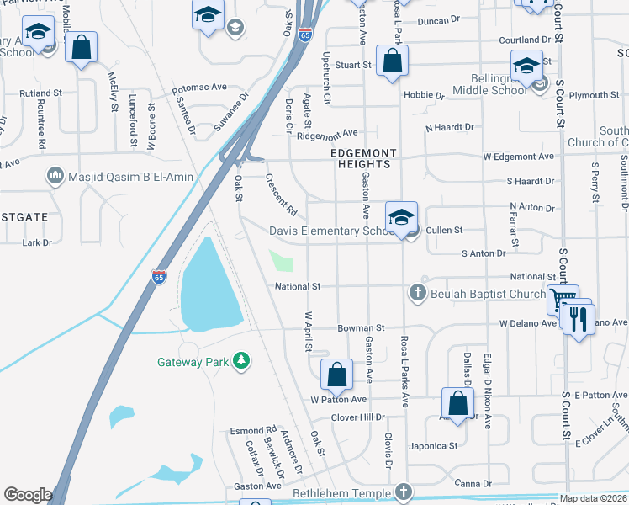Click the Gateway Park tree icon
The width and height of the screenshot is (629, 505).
click(x=242, y=361)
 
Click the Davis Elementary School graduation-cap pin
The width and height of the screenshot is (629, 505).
click(x=402, y=216)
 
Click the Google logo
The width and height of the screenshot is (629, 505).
click(x=28, y=495)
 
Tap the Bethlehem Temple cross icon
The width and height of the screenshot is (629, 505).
click(x=404, y=492)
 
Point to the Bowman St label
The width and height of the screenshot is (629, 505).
click(x=361, y=327)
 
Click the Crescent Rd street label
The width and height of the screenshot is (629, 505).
click(x=282, y=194)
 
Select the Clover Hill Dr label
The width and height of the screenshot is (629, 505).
click(x=357, y=417)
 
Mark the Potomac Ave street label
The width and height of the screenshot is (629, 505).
click(x=199, y=87)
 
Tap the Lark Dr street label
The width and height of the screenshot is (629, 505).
click(x=37, y=242)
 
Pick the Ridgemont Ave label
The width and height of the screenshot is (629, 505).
click(x=327, y=133)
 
